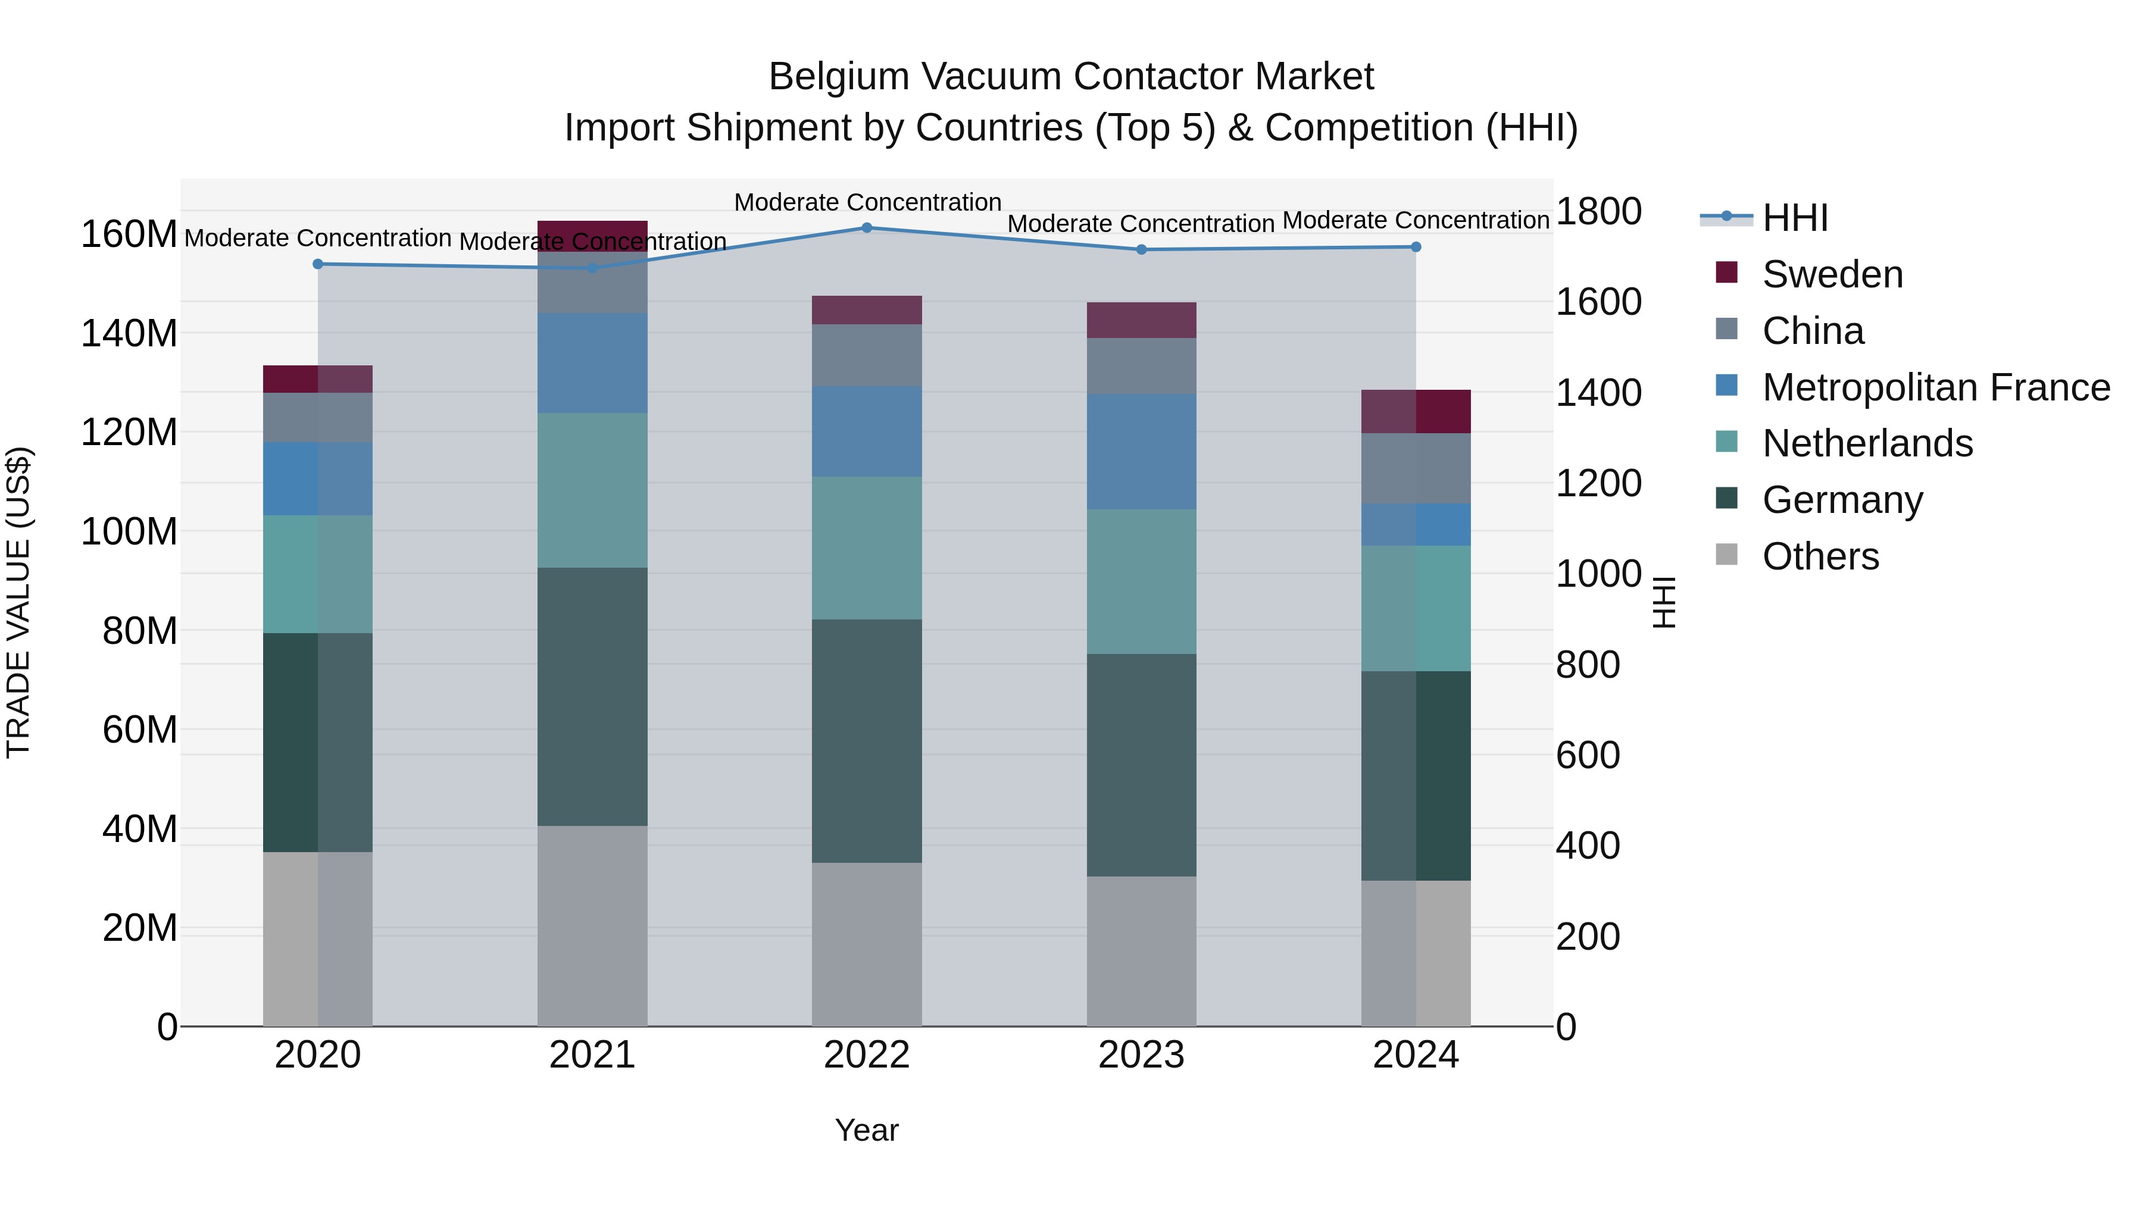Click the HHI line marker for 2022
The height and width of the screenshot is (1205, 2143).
click(x=866, y=228)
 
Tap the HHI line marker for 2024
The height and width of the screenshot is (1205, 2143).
click(x=1416, y=247)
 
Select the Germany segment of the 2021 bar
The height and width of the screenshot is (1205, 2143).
click(x=592, y=696)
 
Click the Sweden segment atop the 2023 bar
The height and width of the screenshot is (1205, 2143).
click(x=1141, y=320)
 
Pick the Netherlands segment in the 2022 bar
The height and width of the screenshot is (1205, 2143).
click(x=866, y=547)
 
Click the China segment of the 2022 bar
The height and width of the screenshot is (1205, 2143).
click(x=866, y=355)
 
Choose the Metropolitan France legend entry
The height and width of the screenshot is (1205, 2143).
click(x=1935, y=387)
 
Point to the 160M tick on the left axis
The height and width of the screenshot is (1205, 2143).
click(x=129, y=234)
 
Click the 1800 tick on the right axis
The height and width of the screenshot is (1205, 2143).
click(x=1598, y=211)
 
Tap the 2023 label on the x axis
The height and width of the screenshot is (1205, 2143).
click(x=1141, y=1055)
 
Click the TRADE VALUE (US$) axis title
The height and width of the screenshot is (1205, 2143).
click(x=18, y=602)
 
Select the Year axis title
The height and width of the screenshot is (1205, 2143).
click(x=866, y=1130)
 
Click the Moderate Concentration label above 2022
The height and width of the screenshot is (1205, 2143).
click(x=867, y=202)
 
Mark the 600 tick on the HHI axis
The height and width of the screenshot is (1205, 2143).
click(x=1587, y=755)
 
